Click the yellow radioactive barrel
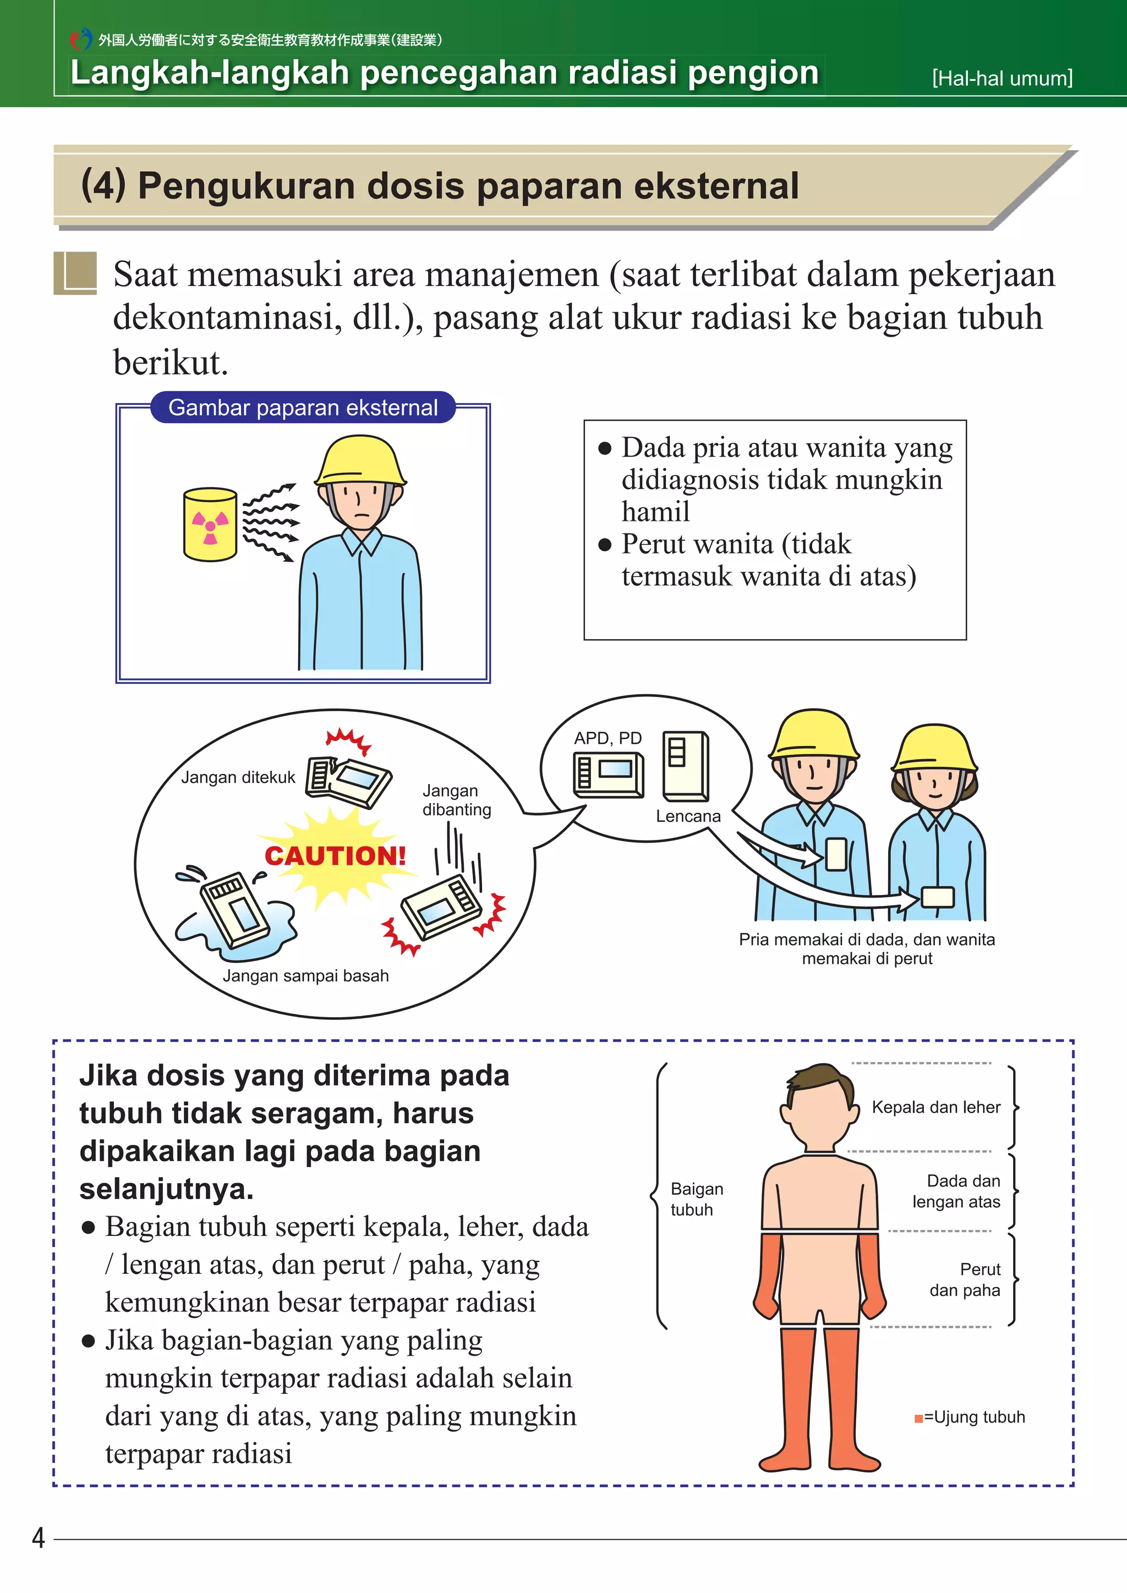210,525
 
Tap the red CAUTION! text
335,855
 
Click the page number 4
38,1538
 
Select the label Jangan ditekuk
238,777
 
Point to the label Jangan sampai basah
305,975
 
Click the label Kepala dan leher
935,1107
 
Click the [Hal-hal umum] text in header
1002,79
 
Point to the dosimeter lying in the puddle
233,909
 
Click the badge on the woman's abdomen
938,897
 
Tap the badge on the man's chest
836,854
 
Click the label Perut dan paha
965,1280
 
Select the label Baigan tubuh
696,1199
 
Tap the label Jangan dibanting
457,800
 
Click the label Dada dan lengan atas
956,1191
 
